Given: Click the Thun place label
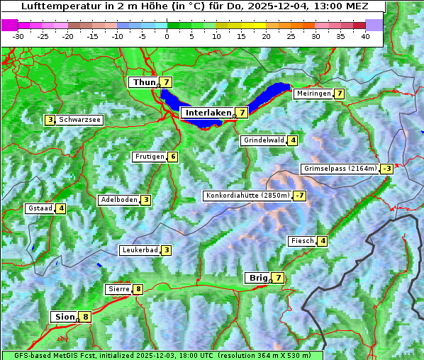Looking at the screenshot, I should pyautogui.click(x=143, y=83).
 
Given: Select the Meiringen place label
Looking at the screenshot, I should pyautogui.click(x=313, y=94).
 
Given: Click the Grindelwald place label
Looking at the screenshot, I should pyautogui.click(x=264, y=140).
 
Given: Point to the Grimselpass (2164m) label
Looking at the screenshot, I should pyautogui.click(x=340, y=169).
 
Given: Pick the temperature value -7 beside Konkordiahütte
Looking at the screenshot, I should pyautogui.click(x=301, y=196).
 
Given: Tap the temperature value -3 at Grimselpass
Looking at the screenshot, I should pyautogui.click(x=386, y=169).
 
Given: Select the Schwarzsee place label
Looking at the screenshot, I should pyautogui.click(x=80, y=120).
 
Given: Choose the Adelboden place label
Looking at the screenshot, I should pyautogui.click(x=118, y=200).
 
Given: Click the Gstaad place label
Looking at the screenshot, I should pyautogui.click(x=40, y=208).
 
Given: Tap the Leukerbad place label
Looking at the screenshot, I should pyautogui.click(x=139, y=250).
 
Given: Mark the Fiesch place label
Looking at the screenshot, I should pyautogui.click(x=302, y=241).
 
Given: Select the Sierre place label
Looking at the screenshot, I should pyautogui.click(x=117, y=289).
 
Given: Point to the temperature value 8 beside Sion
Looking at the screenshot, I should pyautogui.click(x=86, y=317).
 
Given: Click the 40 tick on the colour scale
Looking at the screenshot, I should pyautogui.click(x=365, y=36).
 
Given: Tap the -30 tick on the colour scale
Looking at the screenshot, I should pyautogui.click(x=18, y=36).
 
